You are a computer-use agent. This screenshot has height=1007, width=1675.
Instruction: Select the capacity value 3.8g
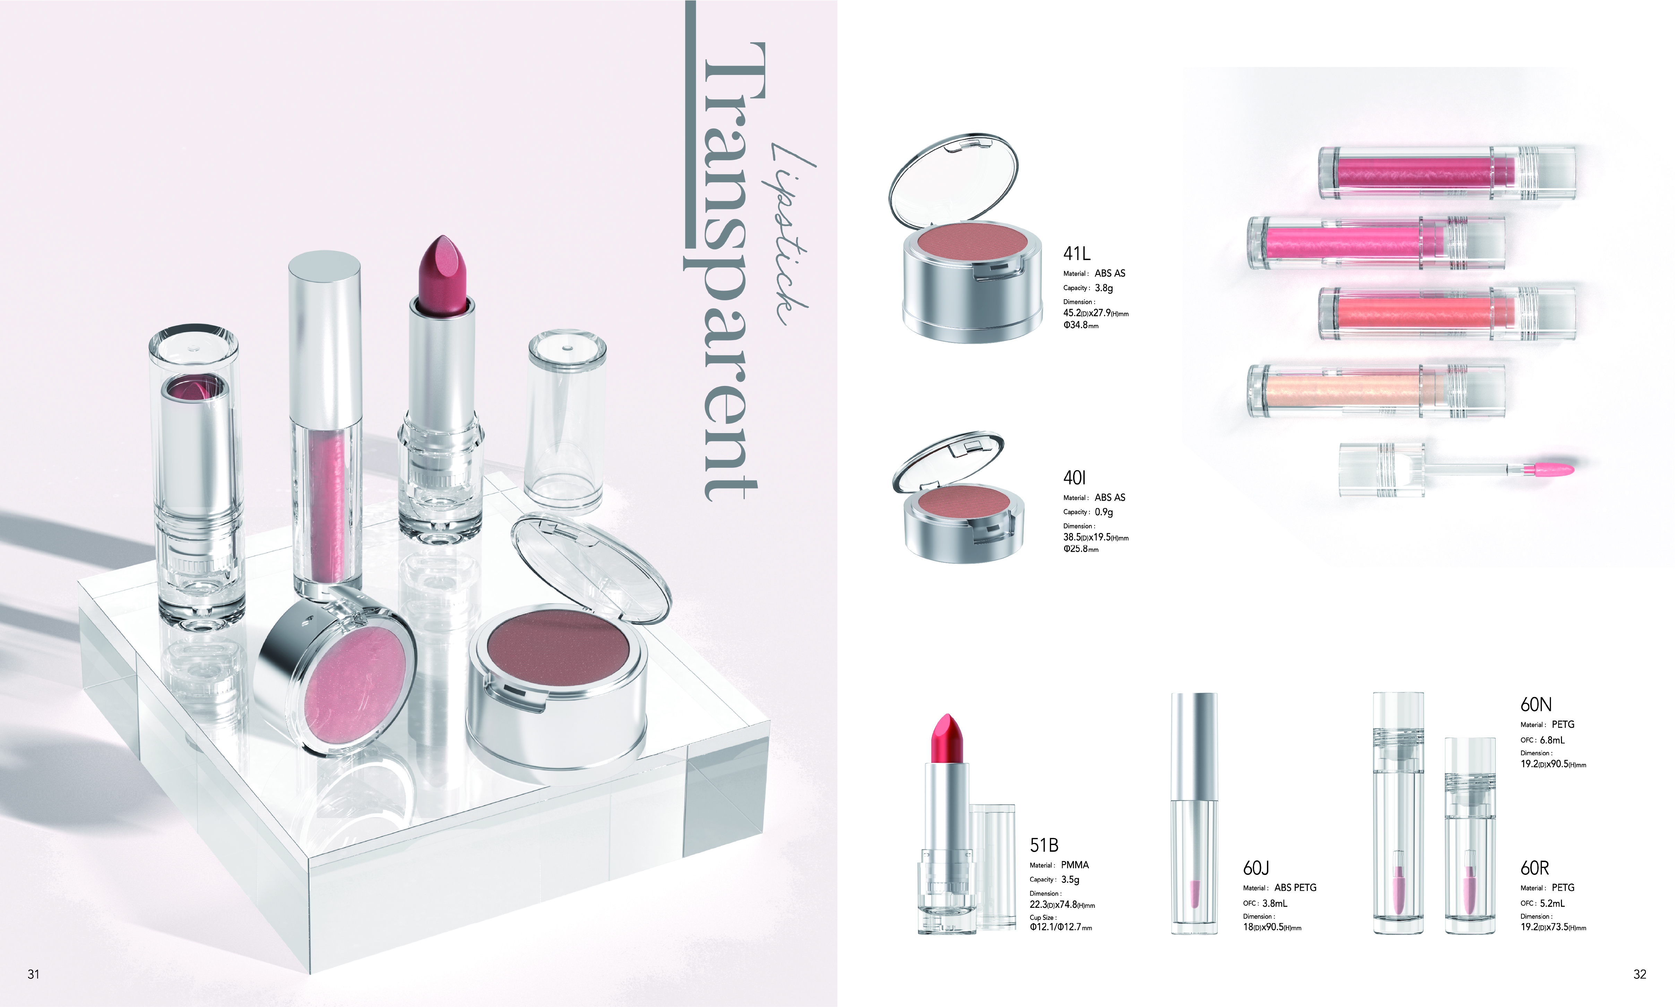pos(1103,288)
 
